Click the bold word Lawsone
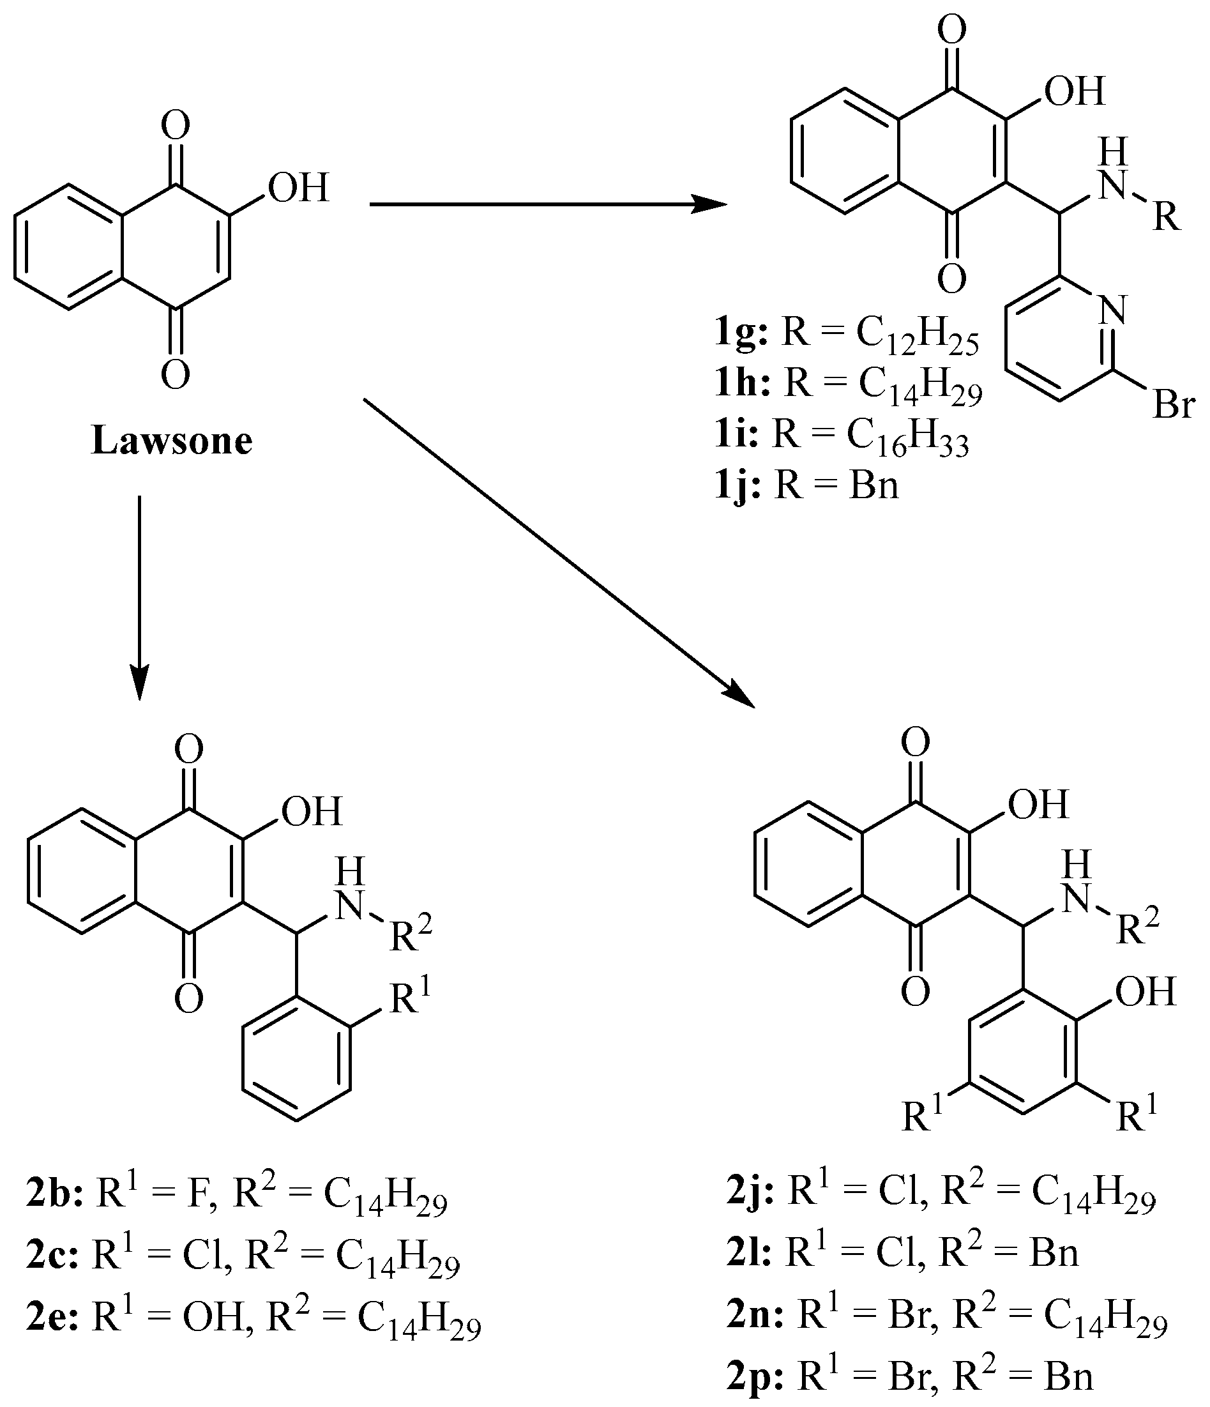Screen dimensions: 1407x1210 click(x=172, y=441)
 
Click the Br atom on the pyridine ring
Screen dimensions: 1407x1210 click(x=1174, y=406)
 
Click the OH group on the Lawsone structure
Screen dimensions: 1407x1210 click(x=299, y=188)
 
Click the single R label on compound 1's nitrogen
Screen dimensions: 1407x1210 click(x=1166, y=218)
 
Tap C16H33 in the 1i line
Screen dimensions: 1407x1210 click(x=908, y=437)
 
